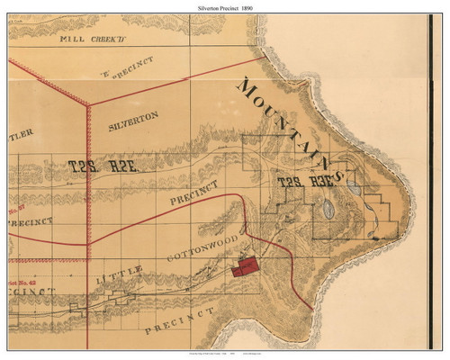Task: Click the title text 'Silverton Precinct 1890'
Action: pyautogui.click(x=224, y=6)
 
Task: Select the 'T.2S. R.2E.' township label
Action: pyautogui.click(x=103, y=166)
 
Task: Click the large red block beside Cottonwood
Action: pyautogui.click(x=244, y=265)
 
